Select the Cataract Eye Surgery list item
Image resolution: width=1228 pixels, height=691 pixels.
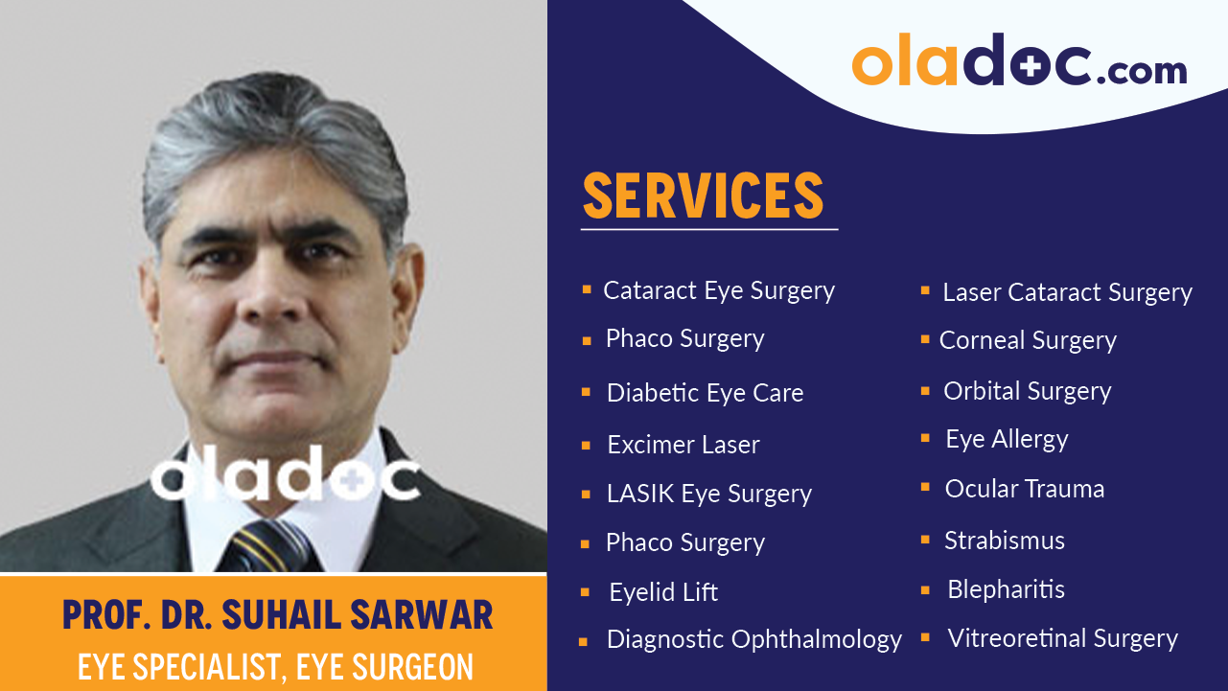click(718, 291)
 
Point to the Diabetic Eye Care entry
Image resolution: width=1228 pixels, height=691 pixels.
click(705, 393)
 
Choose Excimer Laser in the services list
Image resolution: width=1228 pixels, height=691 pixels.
click(683, 445)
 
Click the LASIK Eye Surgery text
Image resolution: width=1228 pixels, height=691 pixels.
click(708, 495)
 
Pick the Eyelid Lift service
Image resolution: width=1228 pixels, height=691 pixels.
click(663, 592)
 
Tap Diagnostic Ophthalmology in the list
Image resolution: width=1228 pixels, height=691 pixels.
click(753, 639)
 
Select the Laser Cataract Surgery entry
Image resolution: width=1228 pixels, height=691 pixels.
click(1067, 293)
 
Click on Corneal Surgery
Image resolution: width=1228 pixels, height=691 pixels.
click(1028, 341)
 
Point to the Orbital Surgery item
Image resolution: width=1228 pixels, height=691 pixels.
click(1027, 391)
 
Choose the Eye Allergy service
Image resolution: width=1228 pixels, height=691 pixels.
click(1007, 440)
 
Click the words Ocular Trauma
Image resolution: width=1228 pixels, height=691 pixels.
click(1024, 489)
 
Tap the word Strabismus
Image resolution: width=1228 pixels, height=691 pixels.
click(1004, 541)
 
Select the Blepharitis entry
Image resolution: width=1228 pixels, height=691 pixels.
click(1006, 589)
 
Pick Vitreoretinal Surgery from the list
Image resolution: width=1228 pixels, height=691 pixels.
click(1062, 638)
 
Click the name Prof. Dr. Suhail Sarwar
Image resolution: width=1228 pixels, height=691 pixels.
click(277, 615)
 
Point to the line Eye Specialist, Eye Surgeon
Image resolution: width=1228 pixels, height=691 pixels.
click(275, 666)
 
